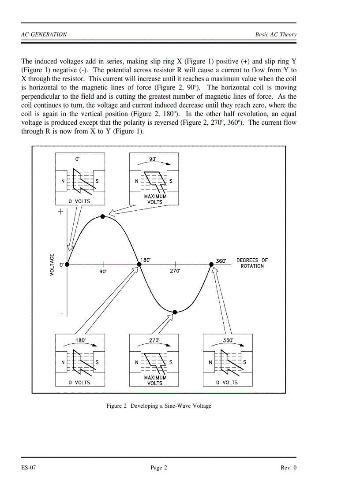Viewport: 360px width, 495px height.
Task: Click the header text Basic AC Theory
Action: tap(276, 34)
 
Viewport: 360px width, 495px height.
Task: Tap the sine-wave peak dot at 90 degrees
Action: tap(103, 216)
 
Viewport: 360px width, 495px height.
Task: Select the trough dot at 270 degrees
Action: tap(175, 312)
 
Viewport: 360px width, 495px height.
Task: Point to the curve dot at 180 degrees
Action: tap(139, 264)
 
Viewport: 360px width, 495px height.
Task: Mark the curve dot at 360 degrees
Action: tap(211, 264)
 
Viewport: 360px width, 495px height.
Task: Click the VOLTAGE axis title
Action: tap(52, 264)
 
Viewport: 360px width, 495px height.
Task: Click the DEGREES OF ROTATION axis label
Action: tap(252, 263)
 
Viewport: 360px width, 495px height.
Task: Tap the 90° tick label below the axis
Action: tap(103, 272)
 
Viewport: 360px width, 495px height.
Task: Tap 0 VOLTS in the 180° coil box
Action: tap(80, 383)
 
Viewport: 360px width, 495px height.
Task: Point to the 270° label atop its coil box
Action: tap(154, 340)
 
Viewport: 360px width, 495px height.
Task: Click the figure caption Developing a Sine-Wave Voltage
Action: tap(159, 406)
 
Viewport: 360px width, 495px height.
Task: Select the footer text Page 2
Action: tap(159, 468)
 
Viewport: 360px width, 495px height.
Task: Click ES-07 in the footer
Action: tap(29, 468)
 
